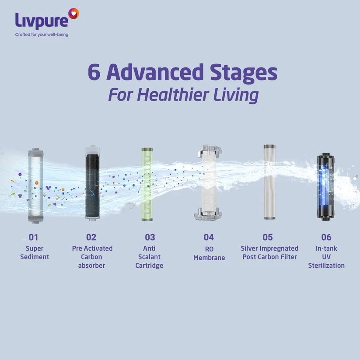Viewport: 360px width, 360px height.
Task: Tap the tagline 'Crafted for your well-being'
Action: tap(42, 35)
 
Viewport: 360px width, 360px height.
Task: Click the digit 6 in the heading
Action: tap(94, 72)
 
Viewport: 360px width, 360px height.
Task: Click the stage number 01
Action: tap(34, 238)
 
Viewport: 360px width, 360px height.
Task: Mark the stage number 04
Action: tap(209, 238)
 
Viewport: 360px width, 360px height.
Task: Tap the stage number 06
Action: tap(326, 238)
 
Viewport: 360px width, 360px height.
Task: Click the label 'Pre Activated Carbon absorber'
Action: tap(92, 257)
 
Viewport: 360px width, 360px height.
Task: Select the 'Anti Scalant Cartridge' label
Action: tap(149, 257)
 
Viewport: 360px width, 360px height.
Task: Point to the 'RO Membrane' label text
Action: tap(209, 253)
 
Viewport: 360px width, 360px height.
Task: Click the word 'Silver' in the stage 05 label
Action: tap(251, 248)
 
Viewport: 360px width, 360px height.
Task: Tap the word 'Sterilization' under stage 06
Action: tap(326, 266)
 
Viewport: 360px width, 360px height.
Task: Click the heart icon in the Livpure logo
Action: tap(74, 14)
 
